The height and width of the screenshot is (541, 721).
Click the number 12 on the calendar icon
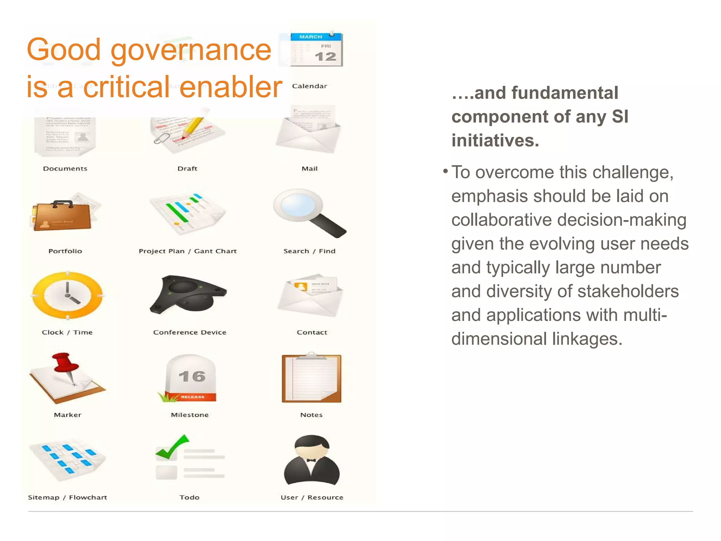click(325, 56)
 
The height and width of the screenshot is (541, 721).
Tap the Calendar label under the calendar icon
click(309, 86)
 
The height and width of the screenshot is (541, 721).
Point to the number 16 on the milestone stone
click(192, 377)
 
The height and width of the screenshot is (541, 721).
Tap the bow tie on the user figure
click(311, 460)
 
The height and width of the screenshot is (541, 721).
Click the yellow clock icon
click(67, 295)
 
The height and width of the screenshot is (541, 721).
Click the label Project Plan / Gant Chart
click(188, 251)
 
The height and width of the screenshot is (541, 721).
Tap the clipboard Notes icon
click(311, 379)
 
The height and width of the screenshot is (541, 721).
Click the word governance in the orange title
click(191, 50)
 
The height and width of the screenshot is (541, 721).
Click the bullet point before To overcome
click(445, 172)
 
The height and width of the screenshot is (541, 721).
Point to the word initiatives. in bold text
click(495, 141)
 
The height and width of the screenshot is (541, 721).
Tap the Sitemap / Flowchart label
click(67, 497)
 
